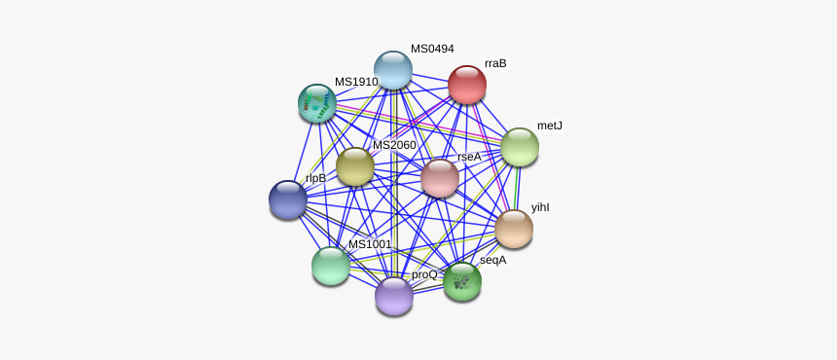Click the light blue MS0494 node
(x=393, y=70)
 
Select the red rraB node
(x=467, y=85)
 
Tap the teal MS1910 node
(x=317, y=103)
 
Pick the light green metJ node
(x=520, y=147)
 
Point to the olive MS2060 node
(x=355, y=167)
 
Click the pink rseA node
(x=440, y=178)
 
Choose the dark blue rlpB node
(x=288, y=199)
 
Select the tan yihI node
(x=514, y=229)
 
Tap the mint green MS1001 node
(x=331, y=266)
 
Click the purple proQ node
(x=394, y=296)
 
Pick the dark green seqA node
(x=462, y=282)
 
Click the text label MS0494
(x=432, y=49)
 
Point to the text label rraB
(x=495, y=63)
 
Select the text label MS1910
(x=356, y=82)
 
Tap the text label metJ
(x=550, y=126)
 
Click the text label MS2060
(x=394, y=145)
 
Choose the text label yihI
(x=541, y=207)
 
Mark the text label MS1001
(x=370, y=244)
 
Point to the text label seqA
(x=492, y=260)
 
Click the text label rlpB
(x=315, y=178)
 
